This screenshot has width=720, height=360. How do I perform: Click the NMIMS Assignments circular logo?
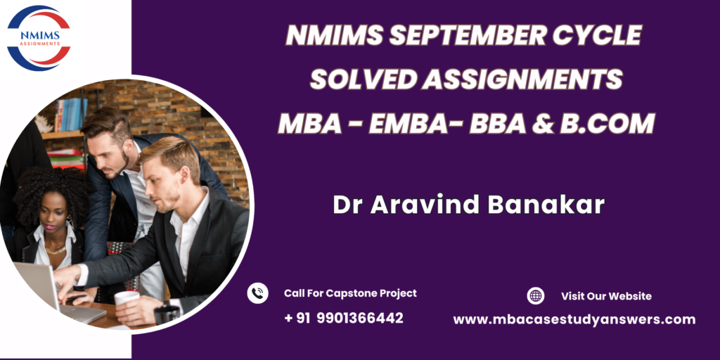(x=39, y=38)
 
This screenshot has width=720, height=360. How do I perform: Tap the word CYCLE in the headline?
(x=595, y=35)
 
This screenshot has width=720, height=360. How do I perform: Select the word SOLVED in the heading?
(x=363, y=79)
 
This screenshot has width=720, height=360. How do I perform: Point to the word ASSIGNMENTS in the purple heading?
(x=522, y=79)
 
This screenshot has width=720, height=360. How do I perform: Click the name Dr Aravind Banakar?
(x=468, y=205)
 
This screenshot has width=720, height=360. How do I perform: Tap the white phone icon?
(x=257, y=293)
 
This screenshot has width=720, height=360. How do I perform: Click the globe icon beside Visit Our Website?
(x=536, y=296)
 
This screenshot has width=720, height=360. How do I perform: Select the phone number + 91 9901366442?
(x=344, y=318)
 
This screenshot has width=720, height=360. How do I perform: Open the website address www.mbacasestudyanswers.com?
(x=574, y=320)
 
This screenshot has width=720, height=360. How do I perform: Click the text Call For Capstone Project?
(x=350, y=293)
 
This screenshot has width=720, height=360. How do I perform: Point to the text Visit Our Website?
(x=606, y=296)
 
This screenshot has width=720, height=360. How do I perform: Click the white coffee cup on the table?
(x=126, y=304)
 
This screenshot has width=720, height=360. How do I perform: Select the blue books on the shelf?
(x=71, y=114)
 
